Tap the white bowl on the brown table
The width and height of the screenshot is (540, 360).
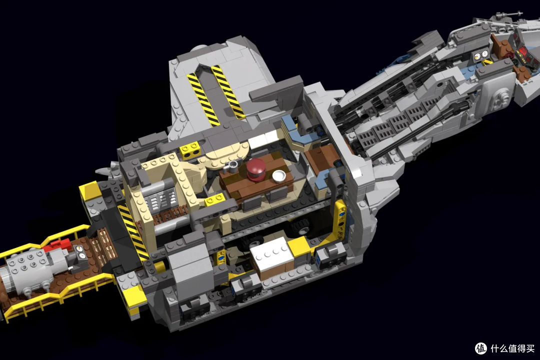279,176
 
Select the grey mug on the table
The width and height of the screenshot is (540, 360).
232,167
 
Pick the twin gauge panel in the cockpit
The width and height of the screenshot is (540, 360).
480,55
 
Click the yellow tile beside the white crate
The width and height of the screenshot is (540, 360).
299,246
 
